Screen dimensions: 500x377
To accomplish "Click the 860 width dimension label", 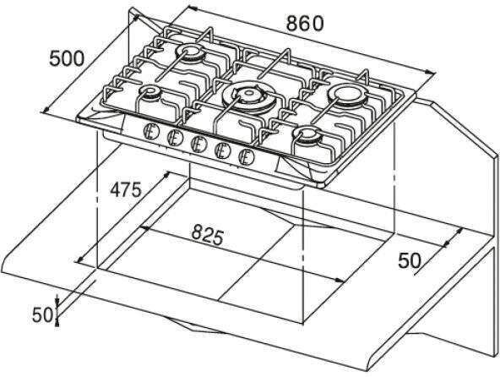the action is click(305, 24).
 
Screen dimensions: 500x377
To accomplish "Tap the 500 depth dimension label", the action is click(67, 58).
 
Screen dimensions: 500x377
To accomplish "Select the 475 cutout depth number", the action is click(125, 190).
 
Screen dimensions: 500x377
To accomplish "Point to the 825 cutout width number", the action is click(207, 234).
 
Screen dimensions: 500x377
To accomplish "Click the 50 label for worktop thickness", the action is click(42, 314).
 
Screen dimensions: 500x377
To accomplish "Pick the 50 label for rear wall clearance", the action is click(410, 260).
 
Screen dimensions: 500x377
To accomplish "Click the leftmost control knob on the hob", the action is click(150, 131).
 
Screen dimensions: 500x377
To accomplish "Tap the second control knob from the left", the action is click(175, 137).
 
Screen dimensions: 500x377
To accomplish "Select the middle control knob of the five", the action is click(198, 144).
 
